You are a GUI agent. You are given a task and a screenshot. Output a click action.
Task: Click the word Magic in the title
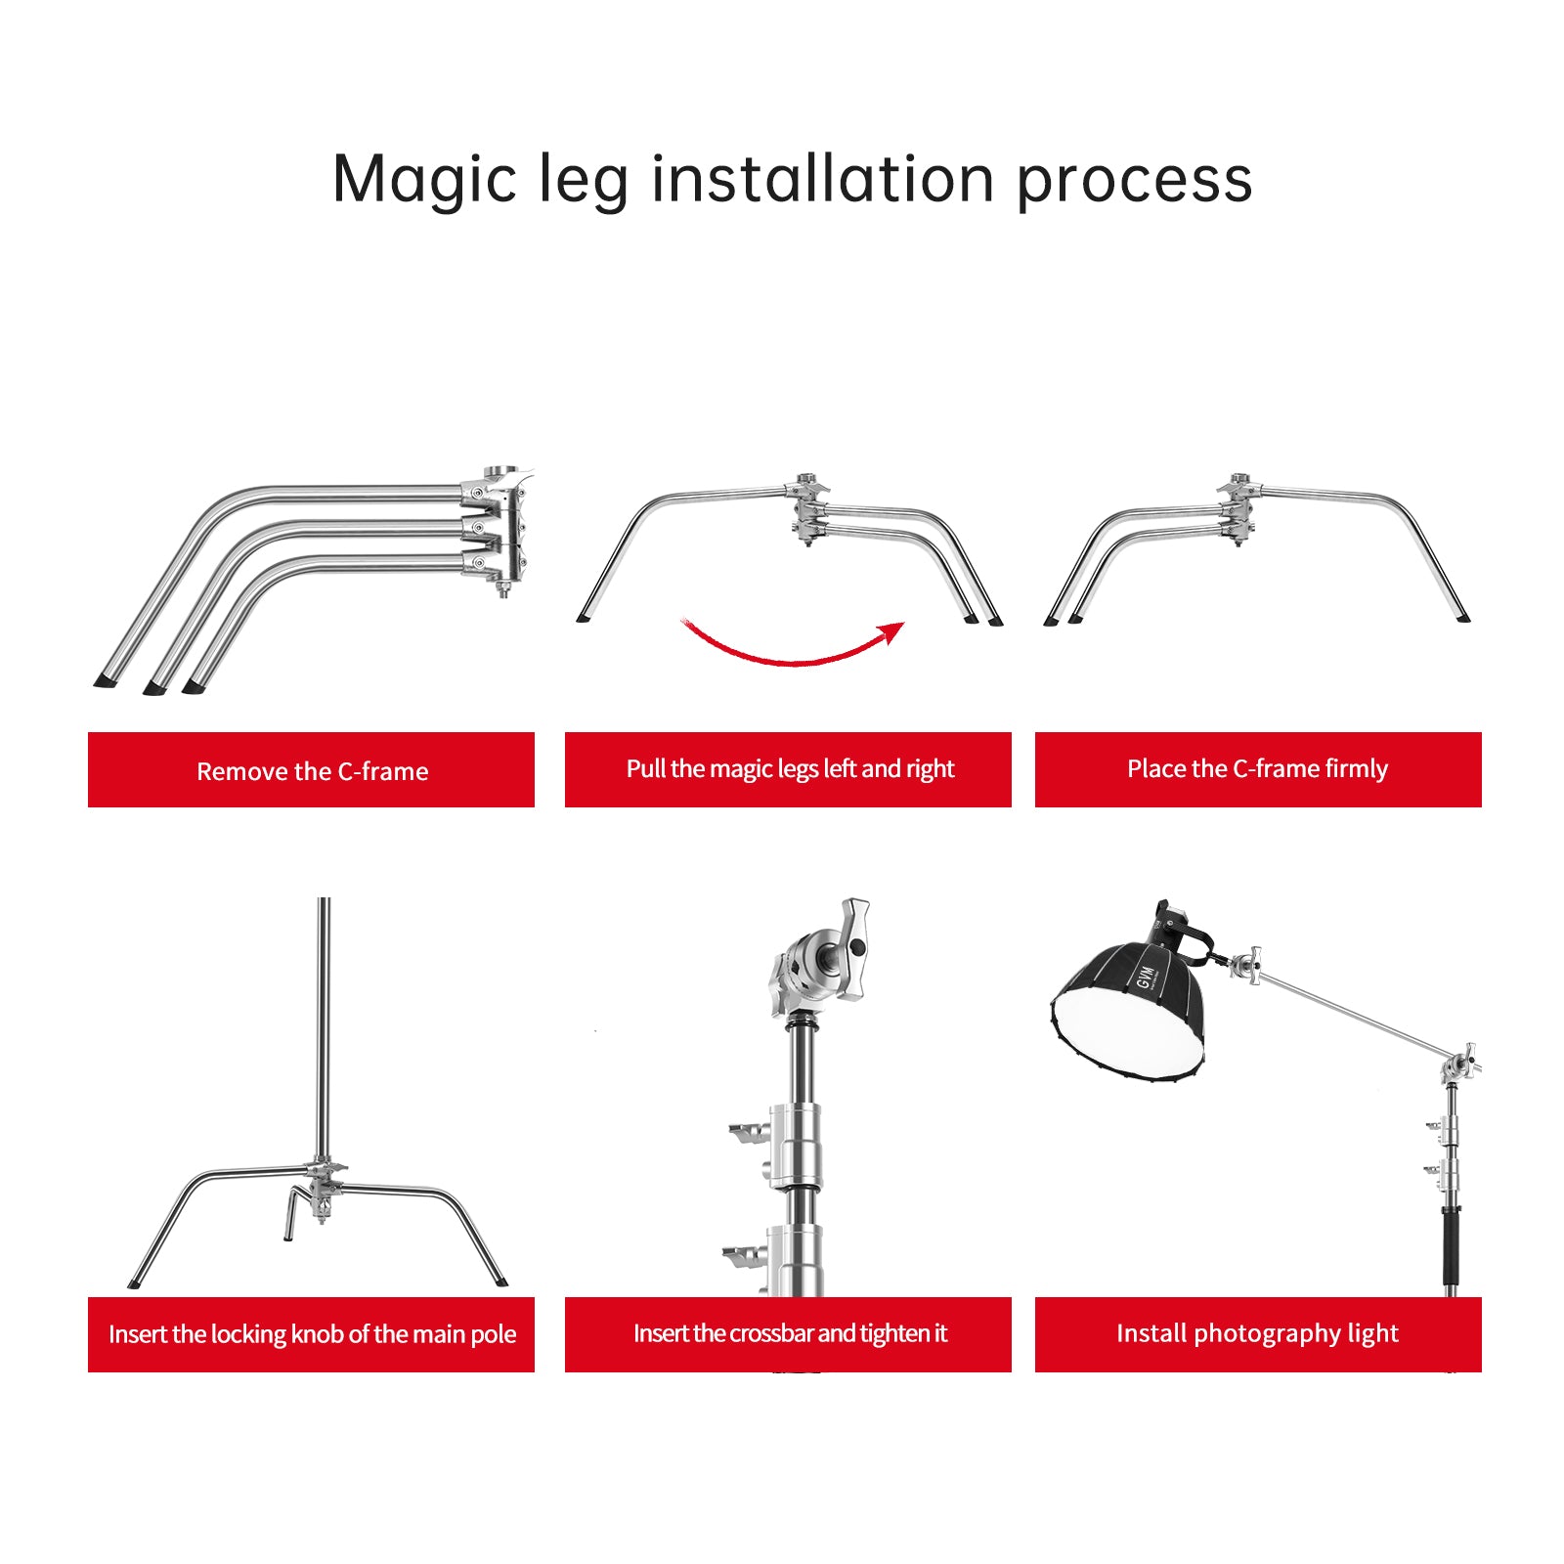point(424,179)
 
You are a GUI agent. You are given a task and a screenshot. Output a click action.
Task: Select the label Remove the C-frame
point(311,770)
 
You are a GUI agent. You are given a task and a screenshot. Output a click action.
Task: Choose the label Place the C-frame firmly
point(1258,769)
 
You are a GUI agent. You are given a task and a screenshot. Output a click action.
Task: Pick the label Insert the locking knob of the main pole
point(311,1334)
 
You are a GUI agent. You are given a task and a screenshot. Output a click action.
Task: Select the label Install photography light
point(1258,1334)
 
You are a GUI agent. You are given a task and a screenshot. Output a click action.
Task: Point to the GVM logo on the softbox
point(1147,975)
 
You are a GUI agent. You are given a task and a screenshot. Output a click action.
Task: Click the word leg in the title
point(584,183)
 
